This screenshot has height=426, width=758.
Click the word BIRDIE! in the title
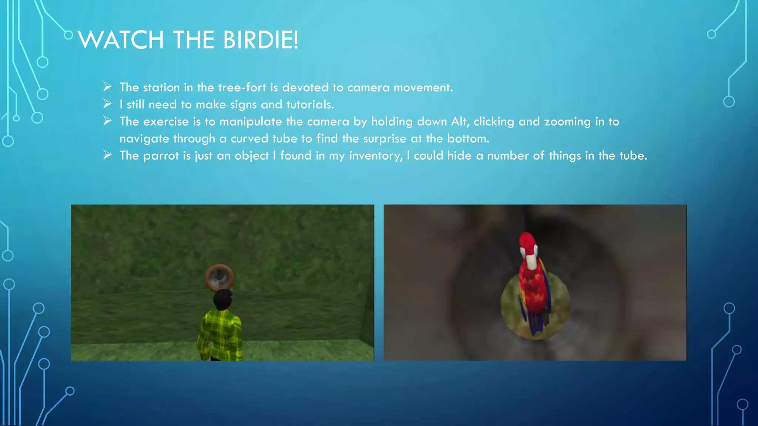click(261, 40)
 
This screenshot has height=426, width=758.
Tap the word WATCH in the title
click(121, 40)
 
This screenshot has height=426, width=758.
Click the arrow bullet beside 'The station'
click(107, 87)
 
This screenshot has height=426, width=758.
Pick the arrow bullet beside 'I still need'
click(107, 104)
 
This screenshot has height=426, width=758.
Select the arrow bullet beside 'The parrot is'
click(107, 155)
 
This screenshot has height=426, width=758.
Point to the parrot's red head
click(527, 241)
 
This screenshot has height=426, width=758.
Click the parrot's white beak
click(531, 261)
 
